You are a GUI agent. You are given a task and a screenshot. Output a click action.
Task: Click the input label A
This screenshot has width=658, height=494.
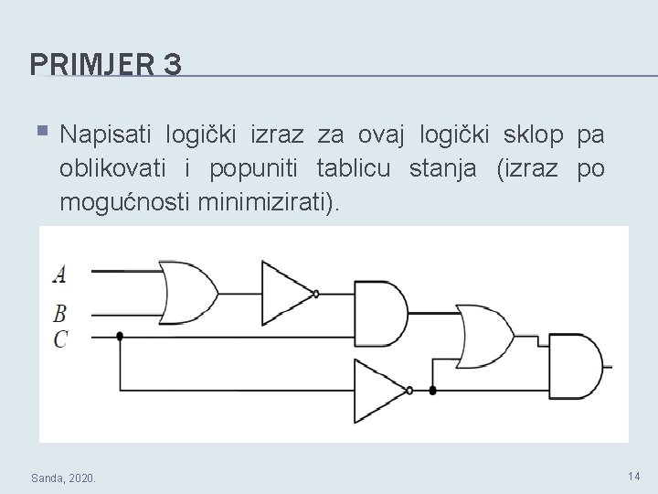[59, 273]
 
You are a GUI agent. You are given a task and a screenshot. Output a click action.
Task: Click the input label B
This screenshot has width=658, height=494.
[59, 314]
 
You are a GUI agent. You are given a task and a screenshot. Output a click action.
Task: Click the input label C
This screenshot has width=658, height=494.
[60, 338]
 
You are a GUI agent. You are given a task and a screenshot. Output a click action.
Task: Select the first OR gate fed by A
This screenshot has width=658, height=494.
[188, 292]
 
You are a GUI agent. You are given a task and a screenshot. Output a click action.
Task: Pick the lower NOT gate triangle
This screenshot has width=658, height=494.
[380, 389]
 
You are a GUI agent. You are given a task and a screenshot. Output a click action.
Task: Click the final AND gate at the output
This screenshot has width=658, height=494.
[576, 365]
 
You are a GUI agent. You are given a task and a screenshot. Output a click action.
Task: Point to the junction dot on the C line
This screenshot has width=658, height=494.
[120, 336]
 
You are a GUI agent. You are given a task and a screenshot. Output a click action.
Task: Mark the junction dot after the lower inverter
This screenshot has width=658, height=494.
[433, 391]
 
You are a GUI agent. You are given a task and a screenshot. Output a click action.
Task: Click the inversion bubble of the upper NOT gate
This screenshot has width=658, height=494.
[316, 294]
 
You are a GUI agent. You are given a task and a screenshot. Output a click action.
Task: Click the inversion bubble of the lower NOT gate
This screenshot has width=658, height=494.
[409, 391]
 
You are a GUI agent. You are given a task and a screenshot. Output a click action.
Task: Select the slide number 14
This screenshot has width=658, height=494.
[634, 476]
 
